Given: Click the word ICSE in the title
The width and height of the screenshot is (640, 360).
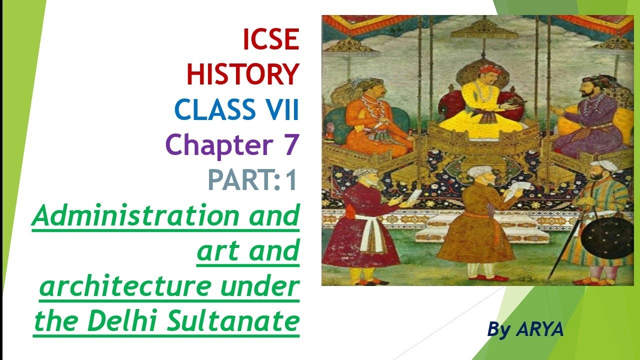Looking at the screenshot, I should [x=270, y=40].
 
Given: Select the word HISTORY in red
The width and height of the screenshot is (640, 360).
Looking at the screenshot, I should [x=242, y=75].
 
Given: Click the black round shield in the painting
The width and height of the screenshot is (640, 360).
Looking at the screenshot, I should [x=607, y=234].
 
